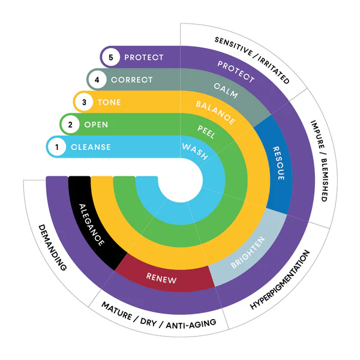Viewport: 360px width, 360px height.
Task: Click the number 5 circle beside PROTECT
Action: (x=110, y=58)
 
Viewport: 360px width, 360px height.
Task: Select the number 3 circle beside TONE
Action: (x=84, y=102)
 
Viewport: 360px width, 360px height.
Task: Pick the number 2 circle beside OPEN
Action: (x=71, y=125)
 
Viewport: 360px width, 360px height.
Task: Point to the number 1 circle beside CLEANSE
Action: (x=57, y=147)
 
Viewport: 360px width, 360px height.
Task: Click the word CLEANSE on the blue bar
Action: (x=91, y=147)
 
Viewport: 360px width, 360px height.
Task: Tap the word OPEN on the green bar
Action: (x=96, y=125)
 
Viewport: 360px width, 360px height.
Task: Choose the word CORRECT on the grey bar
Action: (x=132, y=79)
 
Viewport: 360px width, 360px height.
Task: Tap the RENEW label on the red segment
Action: (x=160, y=277)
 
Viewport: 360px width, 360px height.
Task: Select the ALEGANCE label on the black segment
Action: (x=92, y=225)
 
